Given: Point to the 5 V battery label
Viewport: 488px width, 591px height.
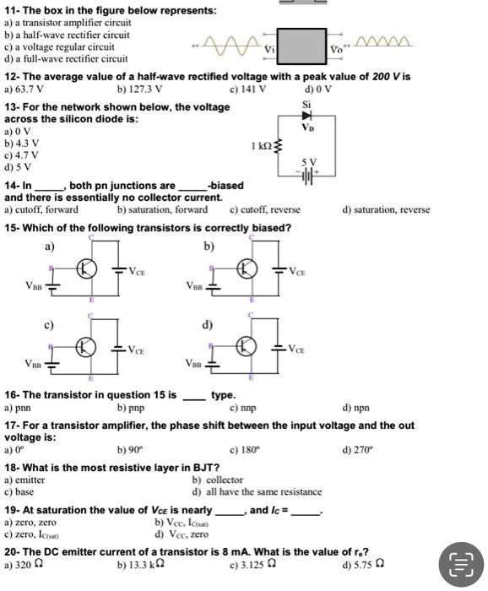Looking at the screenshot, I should point(311,161).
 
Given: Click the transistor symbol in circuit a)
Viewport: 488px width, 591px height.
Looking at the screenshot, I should point(88,269).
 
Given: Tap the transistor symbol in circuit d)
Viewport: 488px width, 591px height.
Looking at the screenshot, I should point(247,347).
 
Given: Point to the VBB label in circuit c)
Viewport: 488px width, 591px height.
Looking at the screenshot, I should point(32,365).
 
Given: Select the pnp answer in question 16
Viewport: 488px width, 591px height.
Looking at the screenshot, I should point(136,407).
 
